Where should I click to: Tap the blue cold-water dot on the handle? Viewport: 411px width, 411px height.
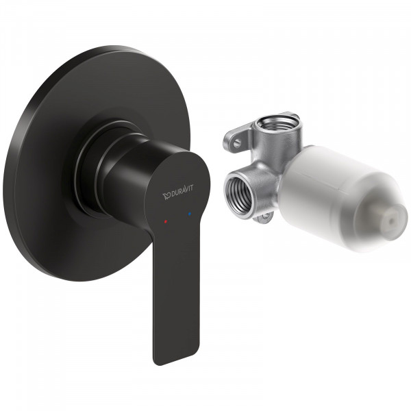190,215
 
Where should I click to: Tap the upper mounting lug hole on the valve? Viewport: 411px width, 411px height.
236,142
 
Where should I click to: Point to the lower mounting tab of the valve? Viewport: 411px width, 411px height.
262,218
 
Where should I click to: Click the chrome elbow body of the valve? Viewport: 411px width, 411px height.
264,171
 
